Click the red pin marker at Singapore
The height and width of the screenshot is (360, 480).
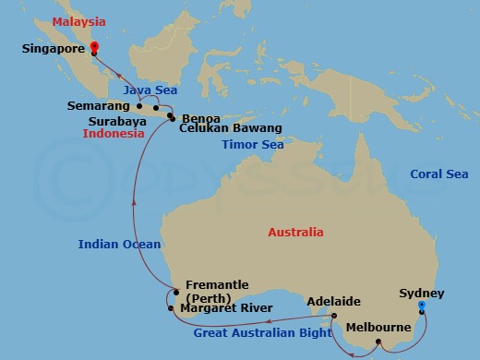(95, 48)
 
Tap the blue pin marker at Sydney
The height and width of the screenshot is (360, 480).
(421, 306)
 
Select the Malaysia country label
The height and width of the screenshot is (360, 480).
(78, 20)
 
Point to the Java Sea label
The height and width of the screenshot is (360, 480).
(149, 90)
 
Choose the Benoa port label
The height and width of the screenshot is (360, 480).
(201, 118)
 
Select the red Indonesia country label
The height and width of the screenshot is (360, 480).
(114, 134)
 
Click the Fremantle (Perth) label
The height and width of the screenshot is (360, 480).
(216, 293)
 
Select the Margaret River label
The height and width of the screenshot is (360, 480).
(225, 309)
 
